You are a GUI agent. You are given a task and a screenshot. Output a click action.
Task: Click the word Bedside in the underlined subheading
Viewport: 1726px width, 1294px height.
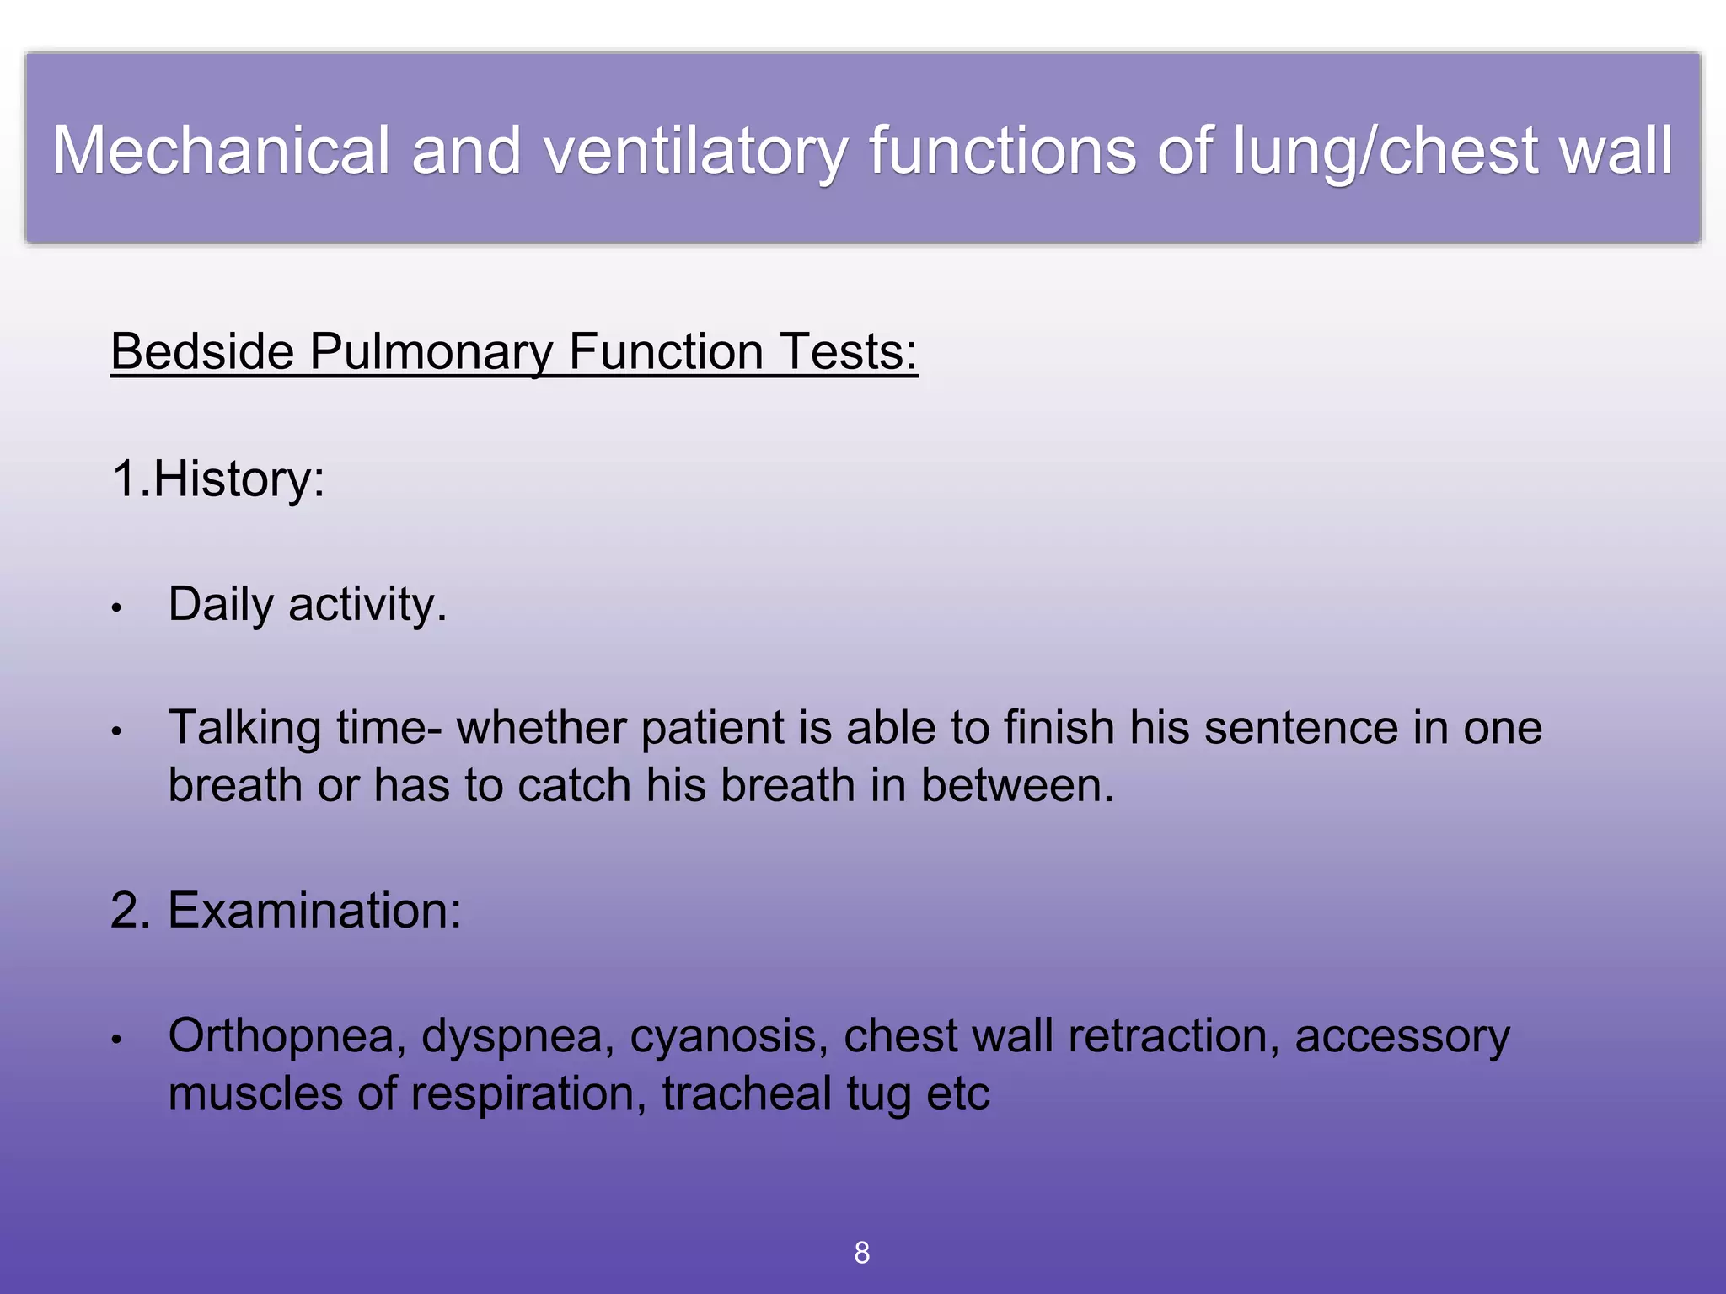[201, 351]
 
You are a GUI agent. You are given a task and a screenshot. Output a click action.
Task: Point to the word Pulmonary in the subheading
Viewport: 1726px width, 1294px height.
[431, 351]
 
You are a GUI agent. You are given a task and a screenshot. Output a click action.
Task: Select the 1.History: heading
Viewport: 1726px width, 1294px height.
[217, 479]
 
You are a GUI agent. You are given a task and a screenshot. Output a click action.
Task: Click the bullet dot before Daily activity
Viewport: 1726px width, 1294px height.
[117, 607]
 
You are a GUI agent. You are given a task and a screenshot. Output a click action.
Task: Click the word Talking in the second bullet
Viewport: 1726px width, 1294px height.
[244, 728]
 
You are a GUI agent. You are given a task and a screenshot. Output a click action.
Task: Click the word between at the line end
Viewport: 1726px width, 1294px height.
[1016, 785]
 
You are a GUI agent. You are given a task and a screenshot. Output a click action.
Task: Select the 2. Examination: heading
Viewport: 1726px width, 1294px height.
[286, 911]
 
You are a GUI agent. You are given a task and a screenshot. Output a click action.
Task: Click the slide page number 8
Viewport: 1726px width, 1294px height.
[861, 1253]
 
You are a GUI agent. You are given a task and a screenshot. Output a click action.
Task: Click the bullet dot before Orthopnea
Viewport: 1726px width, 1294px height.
[117, 1040]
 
